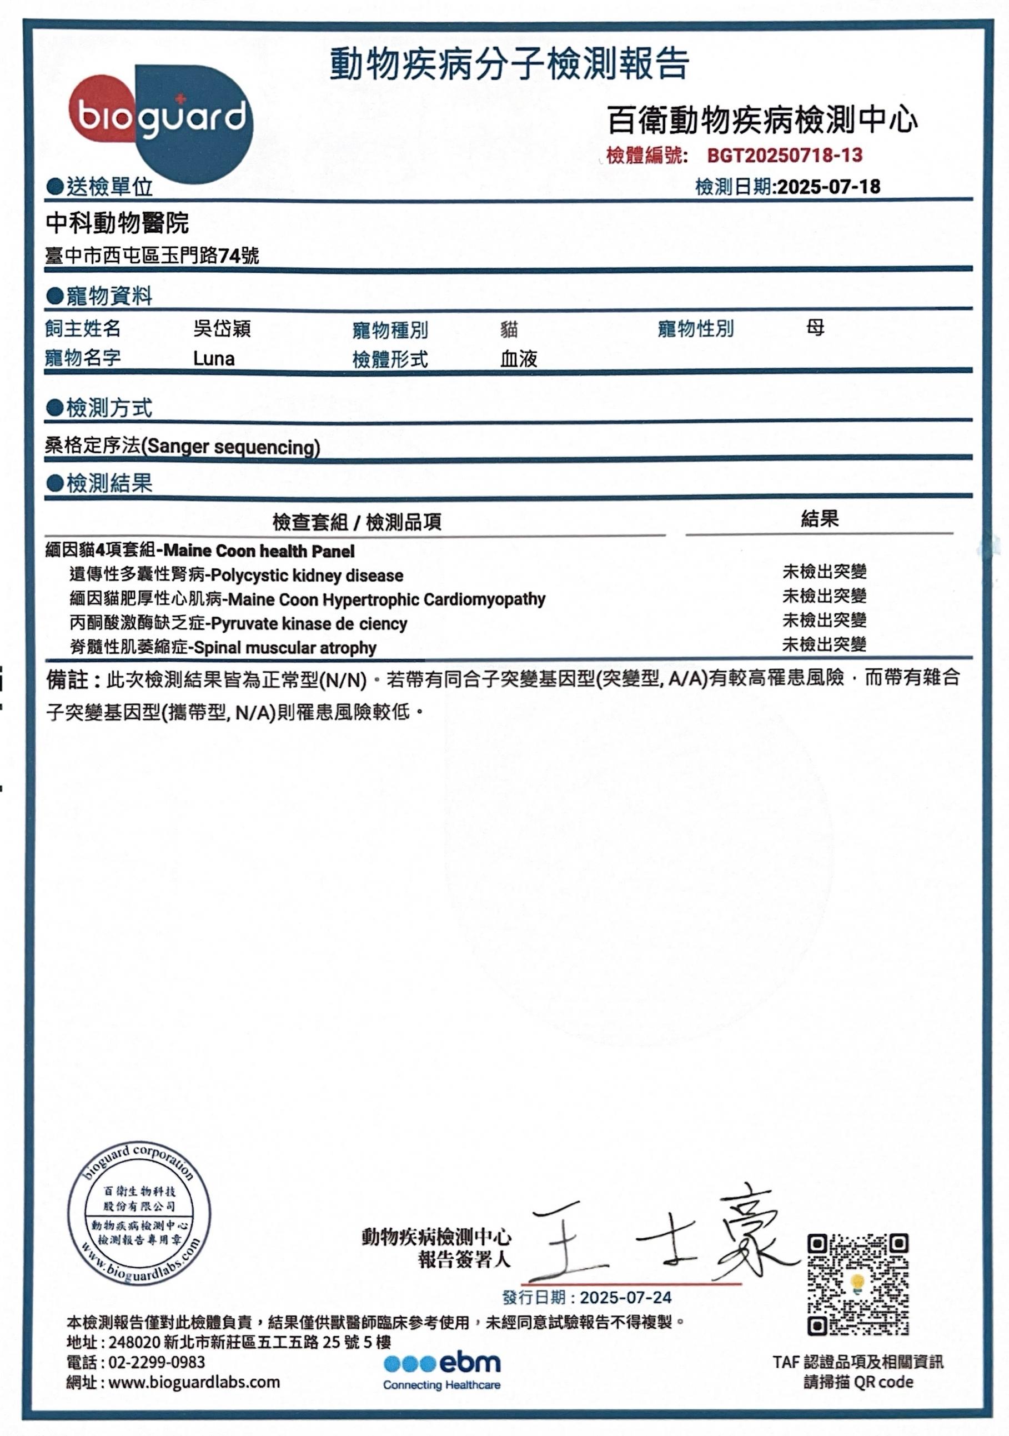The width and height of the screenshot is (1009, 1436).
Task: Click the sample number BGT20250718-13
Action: [x=784, y=155]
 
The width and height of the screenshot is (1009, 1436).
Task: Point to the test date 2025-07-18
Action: [x=828, y=187]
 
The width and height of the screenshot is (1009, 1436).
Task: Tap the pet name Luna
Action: [x=214, y=359]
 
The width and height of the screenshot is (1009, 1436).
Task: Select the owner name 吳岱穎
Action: [x=222, y=328]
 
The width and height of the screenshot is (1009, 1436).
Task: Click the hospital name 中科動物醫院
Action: [x=118, y=223]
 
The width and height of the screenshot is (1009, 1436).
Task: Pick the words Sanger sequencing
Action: [x=233, y=447]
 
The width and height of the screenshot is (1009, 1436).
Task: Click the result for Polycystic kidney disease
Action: [x=824, y=572]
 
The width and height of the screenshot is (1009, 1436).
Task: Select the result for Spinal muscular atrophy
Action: [x=824, y=644]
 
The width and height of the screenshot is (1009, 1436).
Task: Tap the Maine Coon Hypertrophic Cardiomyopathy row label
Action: [x=307, y=599]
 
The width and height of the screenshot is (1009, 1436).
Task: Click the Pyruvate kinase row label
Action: [x=238, y=623]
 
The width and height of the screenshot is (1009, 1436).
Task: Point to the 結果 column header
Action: [x=820, y=518]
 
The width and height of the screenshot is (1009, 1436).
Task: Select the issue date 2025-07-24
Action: [x=625, y=1298]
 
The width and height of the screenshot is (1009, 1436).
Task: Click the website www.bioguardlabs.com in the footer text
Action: [x=194, y=1382]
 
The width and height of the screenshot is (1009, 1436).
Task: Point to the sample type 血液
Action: [x=518, y=359]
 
